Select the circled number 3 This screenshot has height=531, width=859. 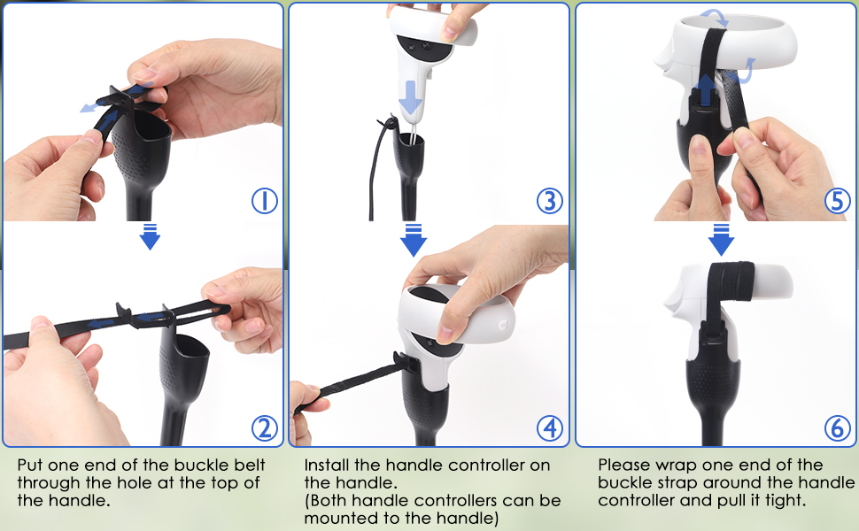550,201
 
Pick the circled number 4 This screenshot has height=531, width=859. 550,428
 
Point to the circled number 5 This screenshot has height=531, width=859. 837,201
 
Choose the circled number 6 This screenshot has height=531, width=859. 837,428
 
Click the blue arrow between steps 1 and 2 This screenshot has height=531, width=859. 151,236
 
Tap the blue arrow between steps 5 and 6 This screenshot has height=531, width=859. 722,239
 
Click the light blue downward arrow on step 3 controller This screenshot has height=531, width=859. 410,97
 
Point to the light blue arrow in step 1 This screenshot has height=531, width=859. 91,106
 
